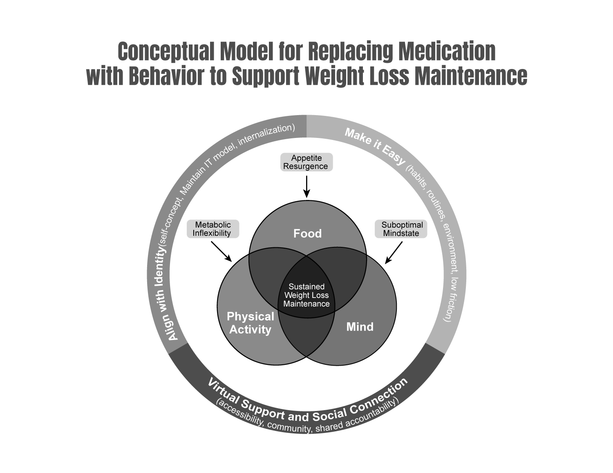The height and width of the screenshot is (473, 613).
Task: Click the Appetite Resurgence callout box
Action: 306,162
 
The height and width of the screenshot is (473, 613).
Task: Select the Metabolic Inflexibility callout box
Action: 213,229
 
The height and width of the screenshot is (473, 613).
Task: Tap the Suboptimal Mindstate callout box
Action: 401,229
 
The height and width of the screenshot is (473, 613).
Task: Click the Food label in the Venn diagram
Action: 307,233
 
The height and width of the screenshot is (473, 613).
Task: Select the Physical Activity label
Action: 250,323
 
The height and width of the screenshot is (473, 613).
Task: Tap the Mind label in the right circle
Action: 360,327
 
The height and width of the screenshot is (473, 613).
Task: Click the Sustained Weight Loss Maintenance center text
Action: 306,295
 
